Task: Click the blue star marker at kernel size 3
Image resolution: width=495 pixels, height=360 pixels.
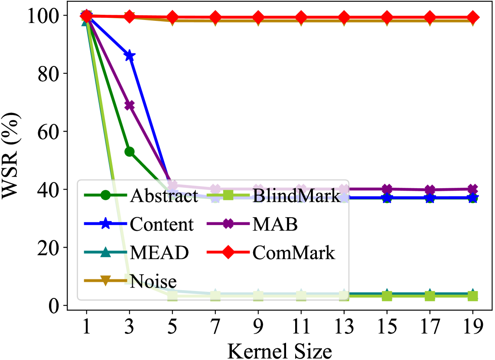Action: tap(129, 56)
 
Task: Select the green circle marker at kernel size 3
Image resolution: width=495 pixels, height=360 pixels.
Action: tap(129, 151)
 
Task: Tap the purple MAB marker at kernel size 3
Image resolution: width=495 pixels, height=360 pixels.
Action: tap(129, 105)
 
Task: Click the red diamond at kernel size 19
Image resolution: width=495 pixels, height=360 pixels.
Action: tap(473, 18)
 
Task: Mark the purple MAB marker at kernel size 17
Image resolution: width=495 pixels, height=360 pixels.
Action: tap(430, 190)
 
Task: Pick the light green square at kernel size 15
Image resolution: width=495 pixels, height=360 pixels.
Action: tap(387, 296)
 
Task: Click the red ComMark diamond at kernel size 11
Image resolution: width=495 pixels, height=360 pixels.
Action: tap(301, 18)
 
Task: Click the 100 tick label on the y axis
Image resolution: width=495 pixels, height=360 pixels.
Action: tap(41, 16)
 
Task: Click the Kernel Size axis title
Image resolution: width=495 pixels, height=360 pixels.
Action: tap(280, 349)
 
